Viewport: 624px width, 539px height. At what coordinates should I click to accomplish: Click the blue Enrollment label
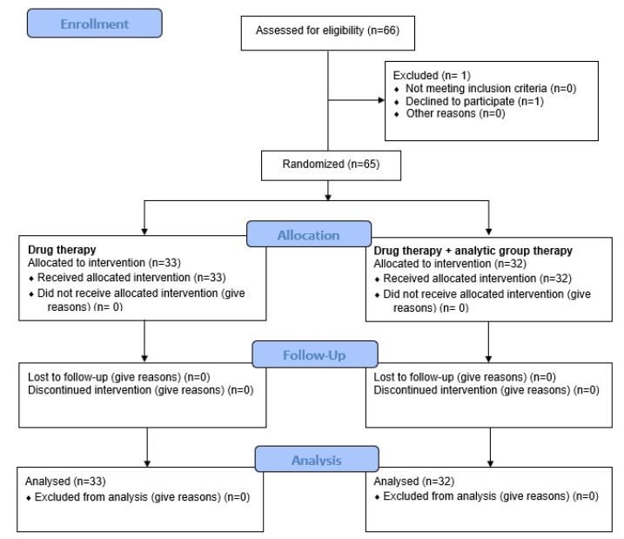click(95, 24)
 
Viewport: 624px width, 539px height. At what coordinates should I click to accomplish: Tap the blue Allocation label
click(309, 234)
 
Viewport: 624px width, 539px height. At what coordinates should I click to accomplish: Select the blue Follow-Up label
click(315, 354)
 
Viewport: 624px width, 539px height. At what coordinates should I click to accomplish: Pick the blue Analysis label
click(317, 460)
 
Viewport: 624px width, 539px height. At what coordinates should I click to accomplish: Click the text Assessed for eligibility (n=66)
click(327, 30)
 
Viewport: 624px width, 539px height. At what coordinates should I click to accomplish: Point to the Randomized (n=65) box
click(331, 165)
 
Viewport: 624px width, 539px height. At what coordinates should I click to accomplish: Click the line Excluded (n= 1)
click(432, 75)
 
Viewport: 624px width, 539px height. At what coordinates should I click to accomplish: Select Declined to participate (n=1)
click(474, 101)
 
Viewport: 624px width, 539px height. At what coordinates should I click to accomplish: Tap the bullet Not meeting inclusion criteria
click(491, 88)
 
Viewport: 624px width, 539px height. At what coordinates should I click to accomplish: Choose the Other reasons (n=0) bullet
click(455, 113)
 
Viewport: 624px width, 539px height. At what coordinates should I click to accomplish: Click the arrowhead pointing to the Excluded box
click(381, 100)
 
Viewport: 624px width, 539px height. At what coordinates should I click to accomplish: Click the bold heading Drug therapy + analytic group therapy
click(473, 251)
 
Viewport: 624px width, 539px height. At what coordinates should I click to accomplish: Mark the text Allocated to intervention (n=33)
click(104, 263)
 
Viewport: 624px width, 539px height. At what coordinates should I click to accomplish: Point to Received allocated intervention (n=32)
click(477, 279)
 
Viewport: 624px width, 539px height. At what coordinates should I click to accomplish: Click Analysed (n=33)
click(65, 481)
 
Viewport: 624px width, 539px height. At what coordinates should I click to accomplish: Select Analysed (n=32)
click(414, 481)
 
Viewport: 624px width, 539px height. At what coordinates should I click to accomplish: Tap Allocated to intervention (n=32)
click(450, 264)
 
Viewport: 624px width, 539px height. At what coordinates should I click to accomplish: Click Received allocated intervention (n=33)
click(131, 278)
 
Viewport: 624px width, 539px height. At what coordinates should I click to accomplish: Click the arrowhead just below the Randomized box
click(328, 197)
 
